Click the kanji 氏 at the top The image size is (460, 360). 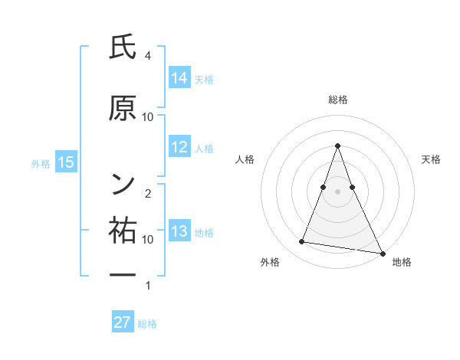[123, 49]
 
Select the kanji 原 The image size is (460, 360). [123, 109]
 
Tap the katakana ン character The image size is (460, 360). [123, 182]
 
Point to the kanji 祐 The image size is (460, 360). [123, 229]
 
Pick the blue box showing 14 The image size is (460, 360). [179, 77]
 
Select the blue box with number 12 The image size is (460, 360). [179, 147]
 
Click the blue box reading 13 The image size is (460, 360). [179, 231]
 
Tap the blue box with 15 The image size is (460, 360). [65, 162]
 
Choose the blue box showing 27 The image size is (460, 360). [123, 322]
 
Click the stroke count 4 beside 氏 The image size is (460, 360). [147, 56]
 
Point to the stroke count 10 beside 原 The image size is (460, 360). [147, 116]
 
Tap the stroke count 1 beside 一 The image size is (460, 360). [147, 286]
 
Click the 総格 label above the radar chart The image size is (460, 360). [338, 100]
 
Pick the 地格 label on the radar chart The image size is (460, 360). [402, 263]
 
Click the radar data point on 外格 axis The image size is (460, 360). [301, 242]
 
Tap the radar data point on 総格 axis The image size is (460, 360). [338, 146]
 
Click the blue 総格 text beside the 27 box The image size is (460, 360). [147, 324]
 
